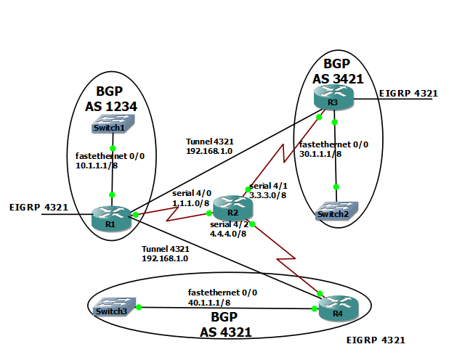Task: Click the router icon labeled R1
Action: pos(110,216)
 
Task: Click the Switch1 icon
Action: pos(111,128)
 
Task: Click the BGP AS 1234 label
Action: pos(112,99)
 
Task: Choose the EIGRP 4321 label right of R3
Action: pos(408,93)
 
